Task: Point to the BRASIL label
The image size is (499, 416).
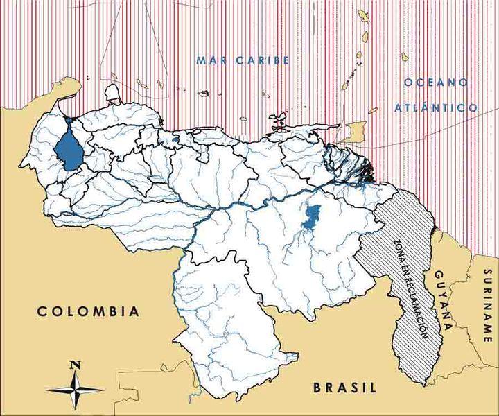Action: pos(344,388)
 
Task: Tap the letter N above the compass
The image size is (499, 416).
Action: pos(76,364)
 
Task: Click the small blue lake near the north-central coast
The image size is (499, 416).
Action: pos(176,140)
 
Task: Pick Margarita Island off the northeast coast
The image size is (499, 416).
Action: pos(279,116)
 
